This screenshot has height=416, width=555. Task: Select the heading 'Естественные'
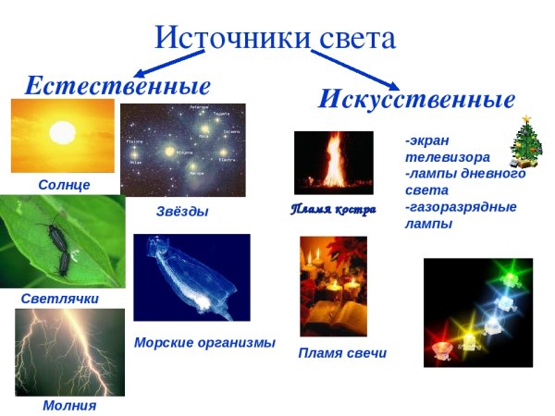(117, 86)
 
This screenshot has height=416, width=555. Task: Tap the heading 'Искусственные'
(415, 99)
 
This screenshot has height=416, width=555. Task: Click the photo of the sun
(62, 136)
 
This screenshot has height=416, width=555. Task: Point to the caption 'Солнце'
(65, 185)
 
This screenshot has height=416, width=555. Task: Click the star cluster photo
(183, 150)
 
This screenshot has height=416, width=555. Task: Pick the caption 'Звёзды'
(182, 212)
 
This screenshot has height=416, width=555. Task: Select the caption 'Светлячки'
(59, 300)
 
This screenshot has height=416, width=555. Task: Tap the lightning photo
(69, 352)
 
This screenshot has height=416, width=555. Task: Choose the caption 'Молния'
(69, 405)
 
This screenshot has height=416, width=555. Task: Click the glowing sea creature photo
(191, 277)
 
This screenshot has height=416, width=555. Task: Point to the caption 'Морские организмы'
(204, 342)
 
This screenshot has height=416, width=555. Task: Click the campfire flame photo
(333, 163)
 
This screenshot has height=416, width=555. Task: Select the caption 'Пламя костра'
(333, 210)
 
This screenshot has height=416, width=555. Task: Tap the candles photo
(333, 286)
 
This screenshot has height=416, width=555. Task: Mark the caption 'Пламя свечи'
(342, 353)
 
